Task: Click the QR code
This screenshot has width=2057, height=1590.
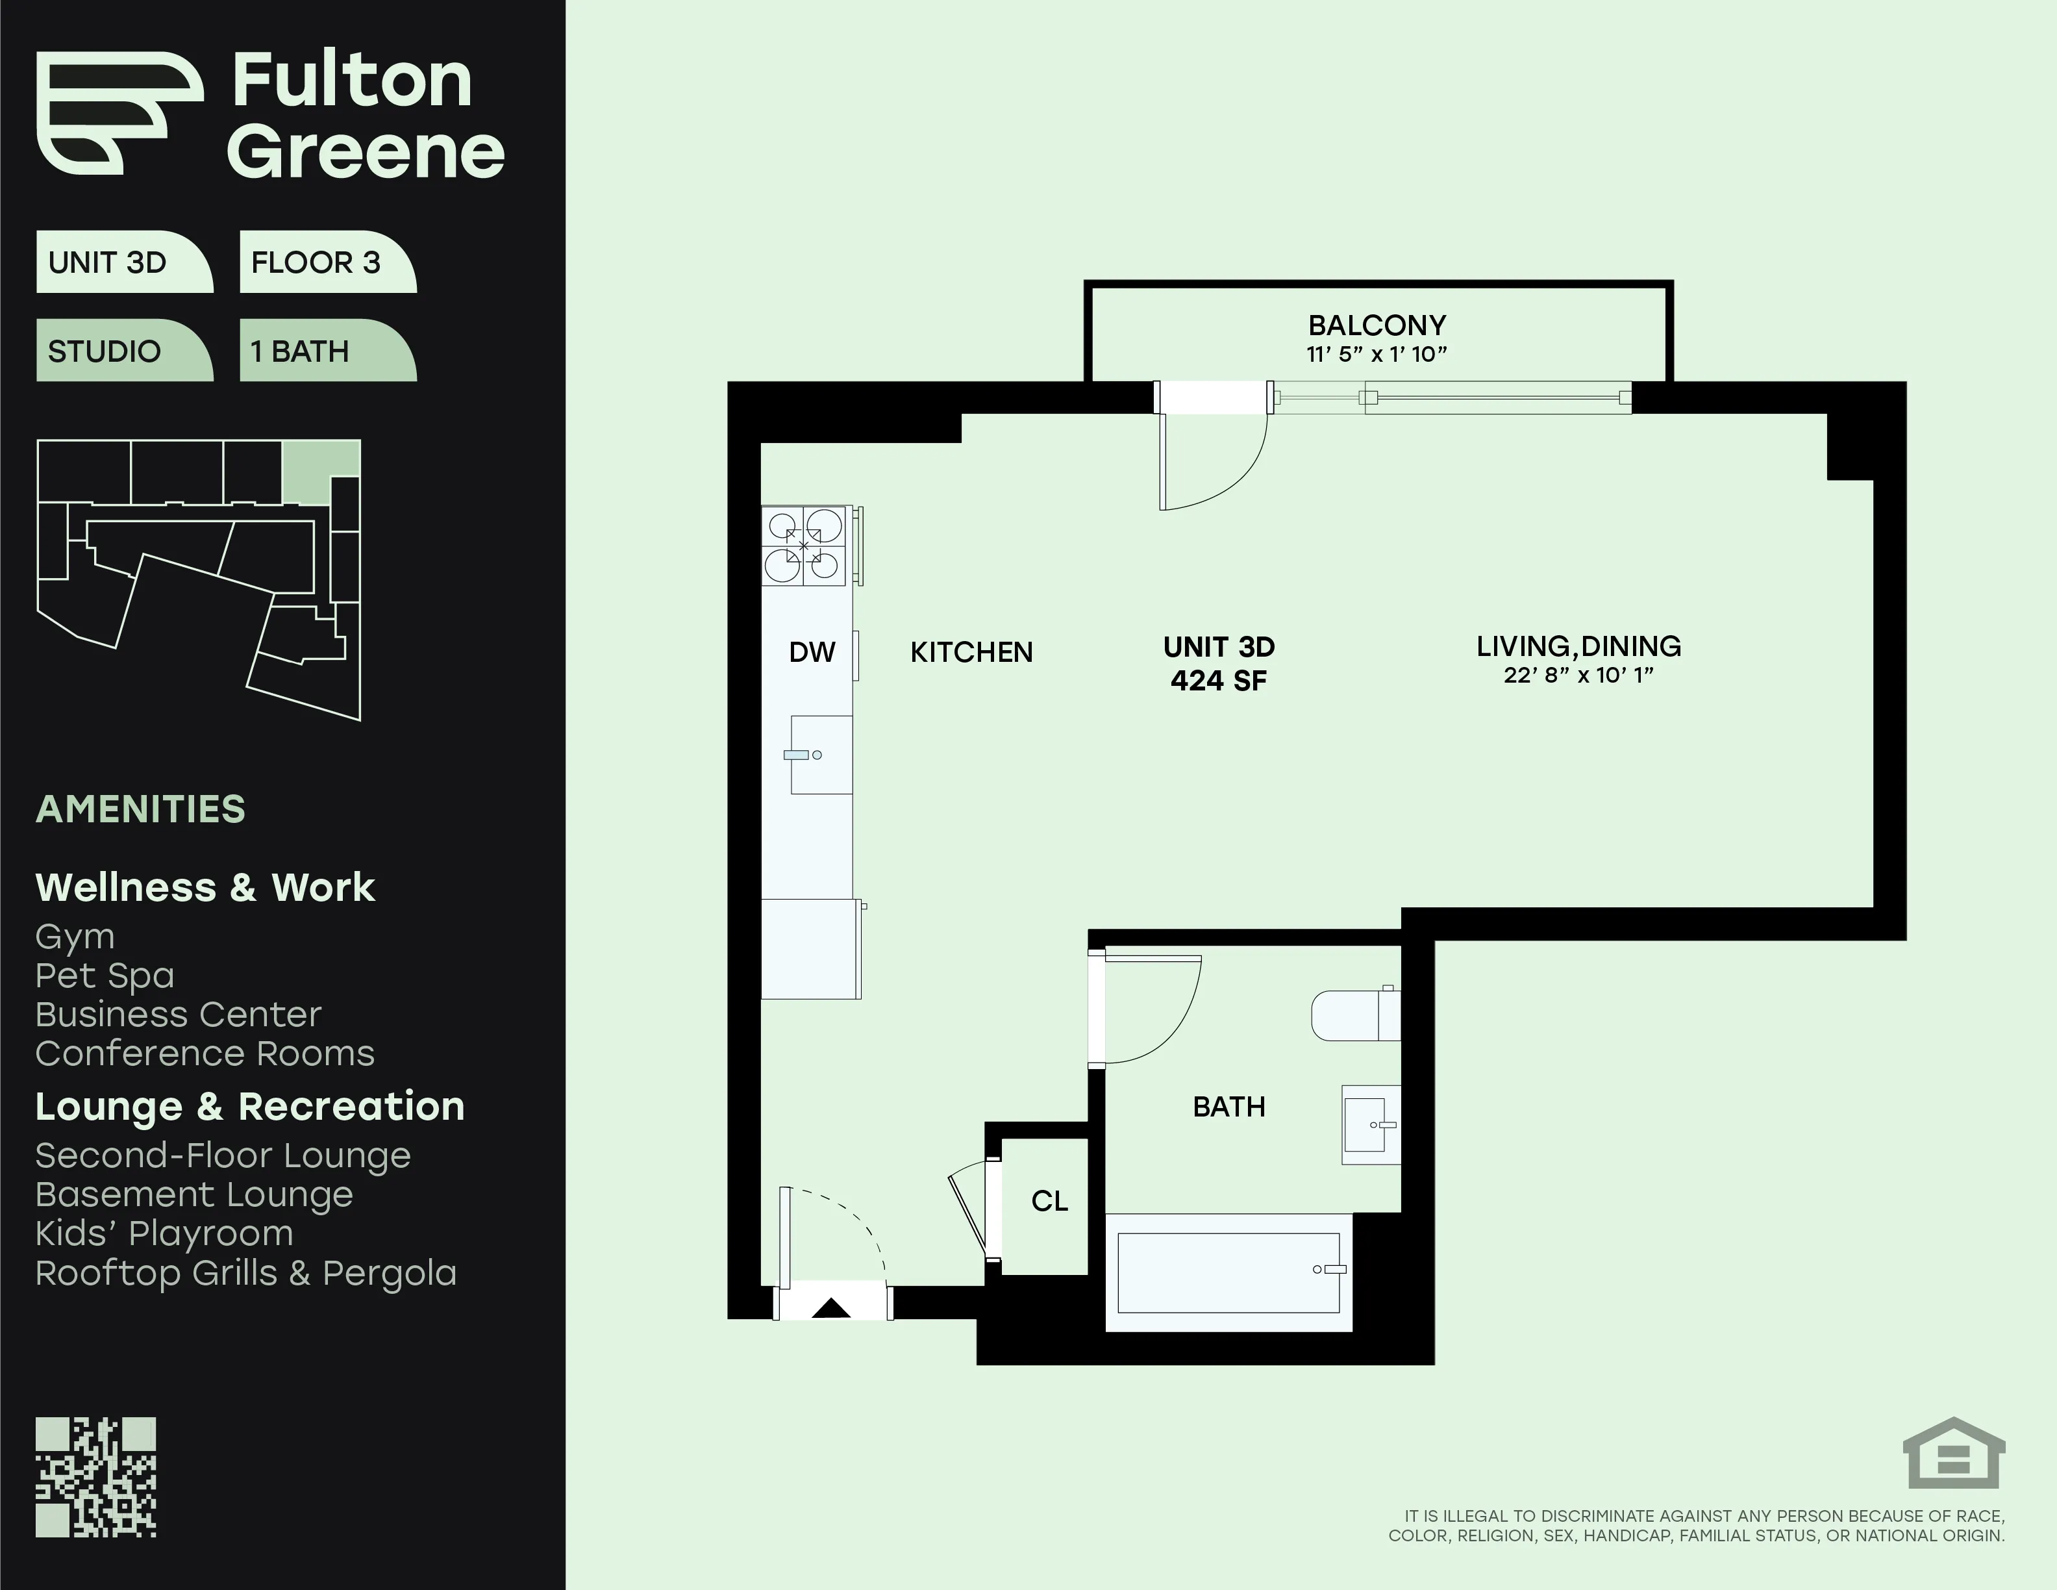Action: point(96,1477)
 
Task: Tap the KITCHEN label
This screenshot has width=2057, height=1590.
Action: point(971,652)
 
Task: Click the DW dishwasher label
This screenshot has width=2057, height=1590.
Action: point(812,652)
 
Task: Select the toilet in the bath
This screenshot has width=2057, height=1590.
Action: point(1355,1015)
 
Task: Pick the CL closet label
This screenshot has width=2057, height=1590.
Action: point(1049,1201)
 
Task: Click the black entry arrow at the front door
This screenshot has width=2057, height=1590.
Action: point(830,1307)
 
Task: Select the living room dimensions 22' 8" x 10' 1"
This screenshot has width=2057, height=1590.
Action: point(1578,674)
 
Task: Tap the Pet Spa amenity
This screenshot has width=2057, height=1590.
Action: point(105,976)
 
